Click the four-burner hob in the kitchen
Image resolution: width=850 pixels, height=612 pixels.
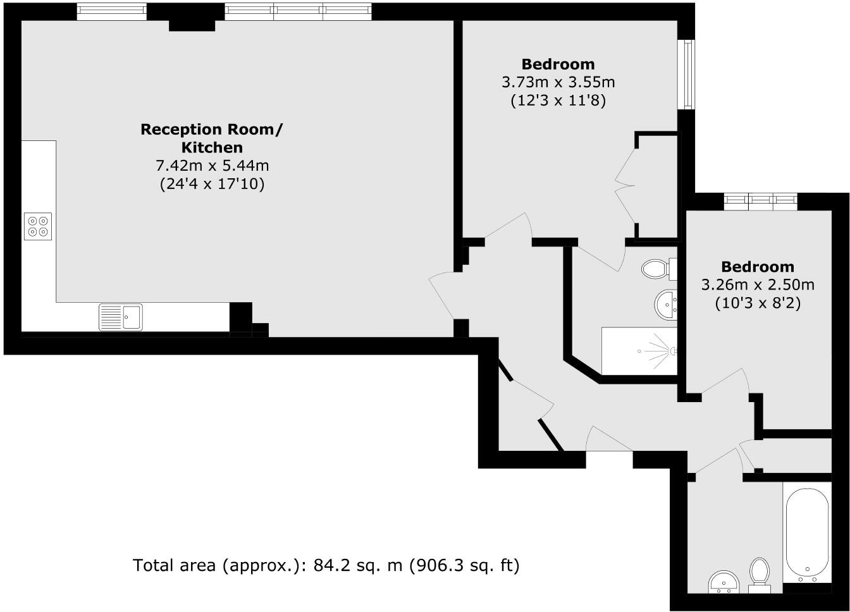[x=37, y=226]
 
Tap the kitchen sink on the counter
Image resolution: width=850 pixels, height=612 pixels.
[x=121, y=317]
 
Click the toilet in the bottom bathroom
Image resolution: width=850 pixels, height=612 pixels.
[x=759, y=573]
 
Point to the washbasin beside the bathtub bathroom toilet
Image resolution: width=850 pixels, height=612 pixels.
[x=722, y=582]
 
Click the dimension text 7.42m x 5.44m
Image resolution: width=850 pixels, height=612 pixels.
[x=212, y=166]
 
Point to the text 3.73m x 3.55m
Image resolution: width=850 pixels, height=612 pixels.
[x=558, y=82]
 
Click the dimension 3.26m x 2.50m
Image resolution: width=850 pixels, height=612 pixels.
[x=758, y=285]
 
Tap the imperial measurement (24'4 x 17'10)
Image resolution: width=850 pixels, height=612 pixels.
[x=212, y=184]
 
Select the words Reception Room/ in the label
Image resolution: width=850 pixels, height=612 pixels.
[x=212, y=130]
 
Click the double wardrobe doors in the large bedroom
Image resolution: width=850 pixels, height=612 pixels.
[x=626, y=186]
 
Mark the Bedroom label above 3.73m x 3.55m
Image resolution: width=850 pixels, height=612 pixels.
[x=558, y=64]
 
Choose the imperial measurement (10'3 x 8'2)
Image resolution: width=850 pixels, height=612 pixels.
[x=758, y=303]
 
